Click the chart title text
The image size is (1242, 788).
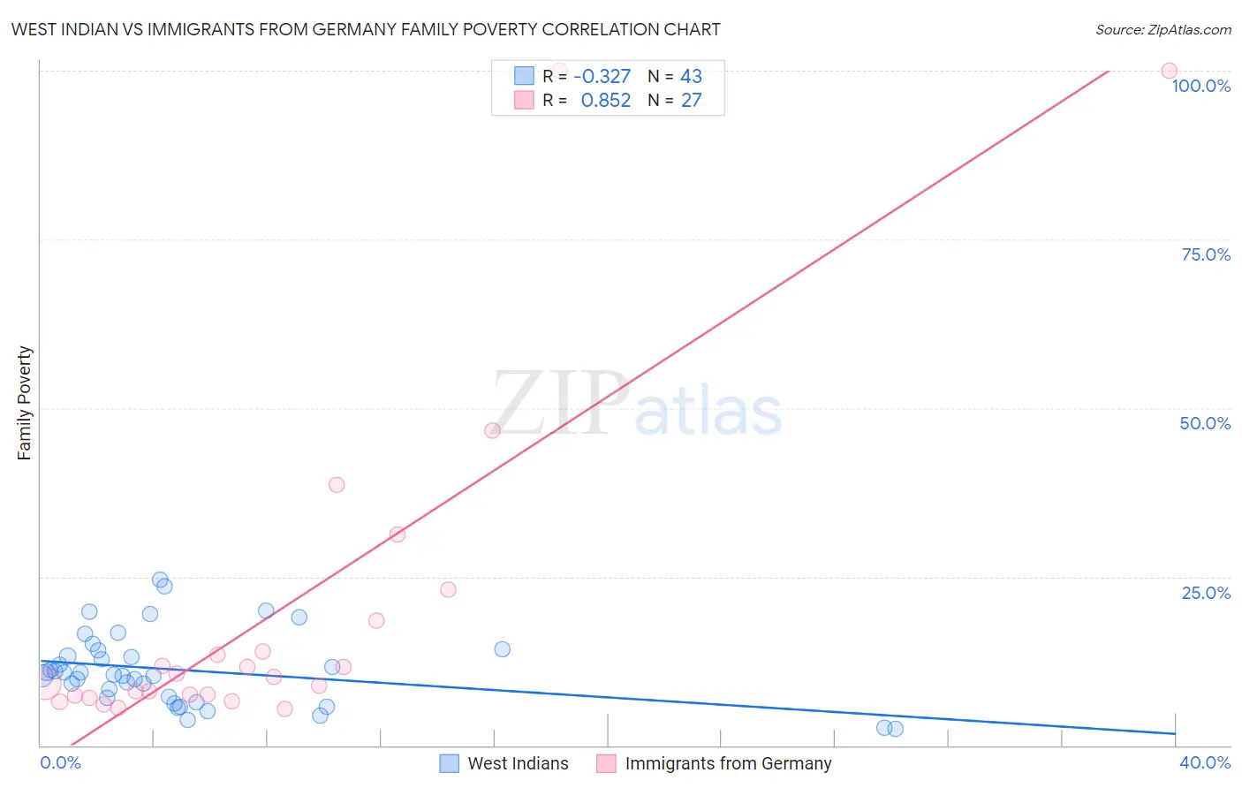366,29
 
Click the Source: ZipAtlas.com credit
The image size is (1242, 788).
1162,29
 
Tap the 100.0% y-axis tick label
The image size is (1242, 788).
1200,86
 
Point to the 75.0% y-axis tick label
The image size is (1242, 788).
1206,254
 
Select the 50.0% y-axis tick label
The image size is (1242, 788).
1205,423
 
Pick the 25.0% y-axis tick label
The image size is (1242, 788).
1206,593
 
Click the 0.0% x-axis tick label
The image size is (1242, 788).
60,762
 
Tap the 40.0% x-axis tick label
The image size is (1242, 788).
1205,762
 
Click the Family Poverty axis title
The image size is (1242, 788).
25,403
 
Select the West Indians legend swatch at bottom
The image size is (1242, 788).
450,763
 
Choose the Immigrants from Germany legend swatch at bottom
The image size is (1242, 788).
606,763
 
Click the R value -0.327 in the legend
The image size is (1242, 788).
602,76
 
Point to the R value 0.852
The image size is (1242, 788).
605,101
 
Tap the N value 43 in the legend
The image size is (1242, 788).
691,76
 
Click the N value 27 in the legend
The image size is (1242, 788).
691,101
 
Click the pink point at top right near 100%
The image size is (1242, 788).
1169,71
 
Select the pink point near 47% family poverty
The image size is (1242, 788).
493,430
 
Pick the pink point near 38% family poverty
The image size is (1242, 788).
337,484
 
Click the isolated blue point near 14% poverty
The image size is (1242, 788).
502,649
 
